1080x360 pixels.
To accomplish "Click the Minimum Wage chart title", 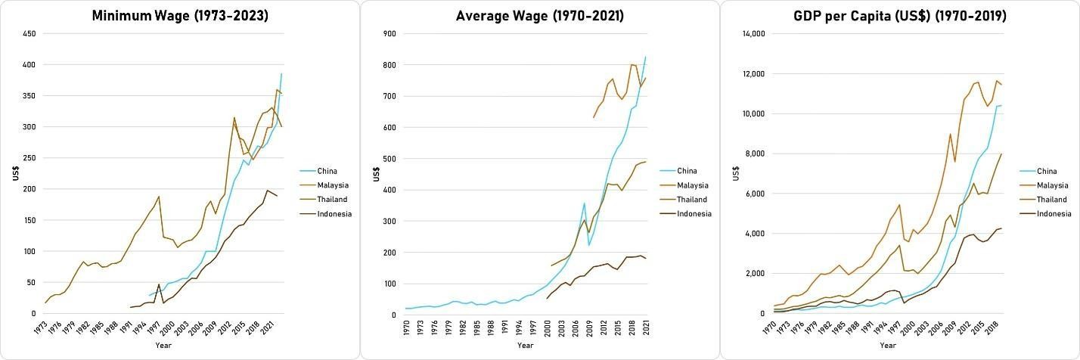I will coord(180,15).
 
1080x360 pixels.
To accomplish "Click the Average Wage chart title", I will coord(539,15).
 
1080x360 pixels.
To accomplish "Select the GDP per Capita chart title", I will coord(899,15).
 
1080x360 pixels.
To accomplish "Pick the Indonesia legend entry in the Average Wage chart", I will coord(694,214).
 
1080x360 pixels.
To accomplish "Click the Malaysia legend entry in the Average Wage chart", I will coord(693,185).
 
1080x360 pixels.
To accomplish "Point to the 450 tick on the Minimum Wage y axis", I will coord(28,34).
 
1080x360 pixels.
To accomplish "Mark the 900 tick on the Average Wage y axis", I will coord(388,34).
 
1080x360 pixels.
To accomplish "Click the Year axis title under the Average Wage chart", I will coord(525,346).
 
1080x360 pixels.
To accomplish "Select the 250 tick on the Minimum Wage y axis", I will coord(28,158).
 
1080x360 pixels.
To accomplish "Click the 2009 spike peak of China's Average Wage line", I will coord(584,203).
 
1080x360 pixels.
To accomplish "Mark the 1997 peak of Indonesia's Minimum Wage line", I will coord(159,284).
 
